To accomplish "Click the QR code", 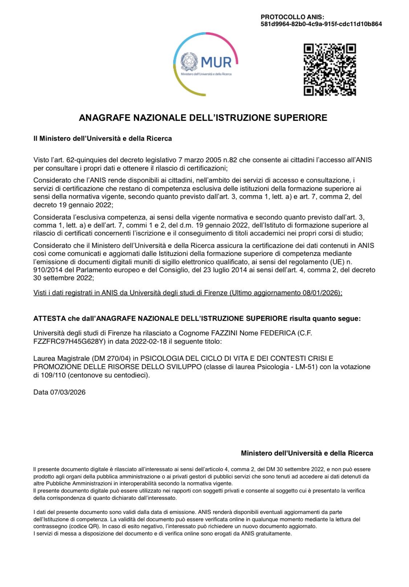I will [x=329, y=70].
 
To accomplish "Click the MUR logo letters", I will [x=216, y=62].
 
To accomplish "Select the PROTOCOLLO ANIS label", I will [x=292, y=17].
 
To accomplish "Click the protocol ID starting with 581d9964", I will [x=321, y=24].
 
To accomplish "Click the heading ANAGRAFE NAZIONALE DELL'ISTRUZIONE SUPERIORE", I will [x=203, y=118].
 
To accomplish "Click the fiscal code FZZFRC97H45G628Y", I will [x=69, y=341].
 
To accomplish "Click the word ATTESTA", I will [x=49, y=319].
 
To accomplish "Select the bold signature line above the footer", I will [x=307, y=453].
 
